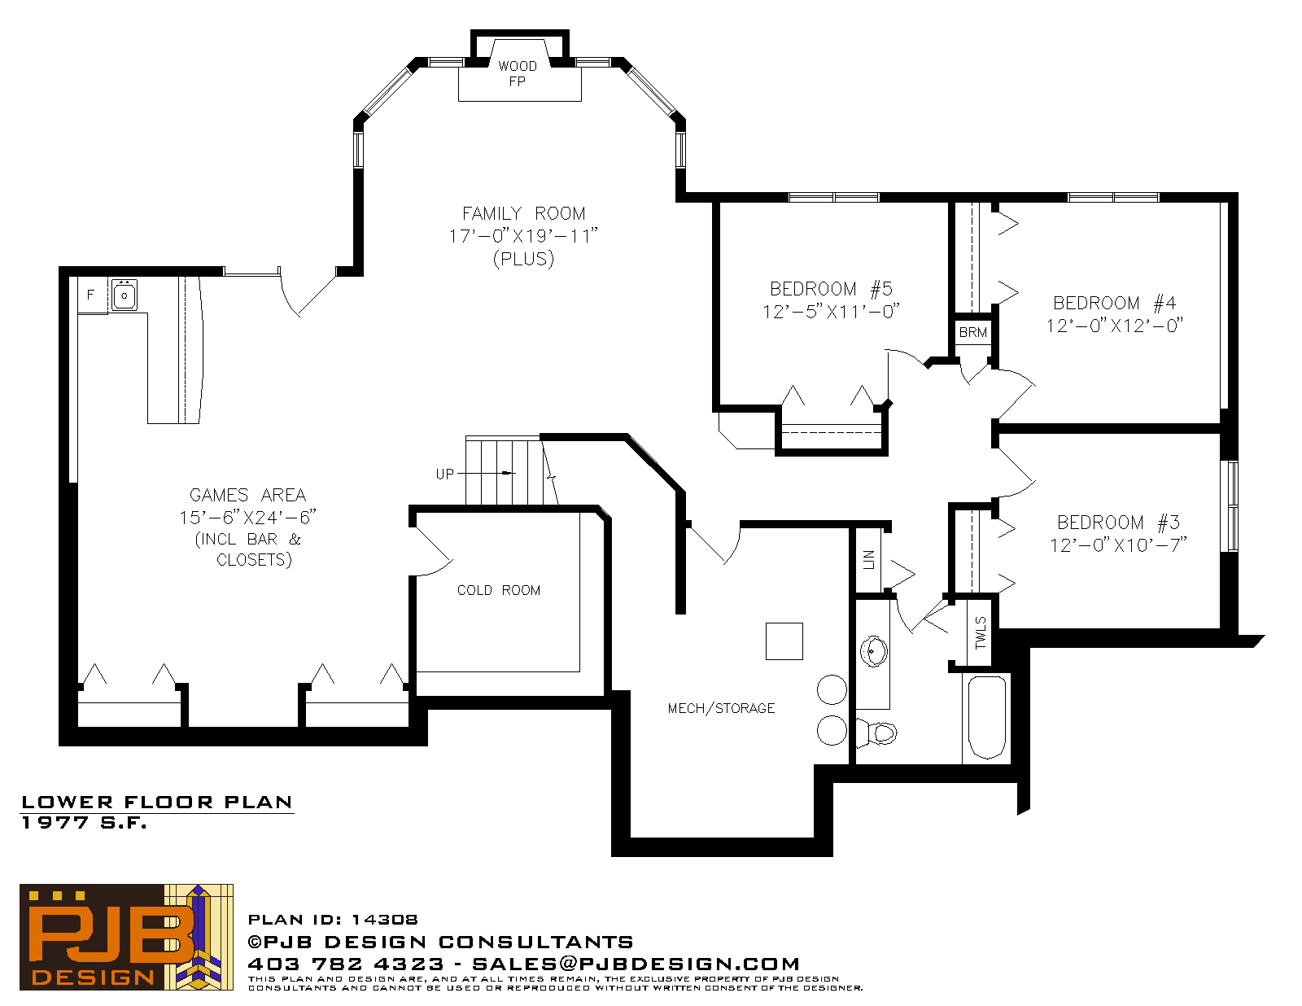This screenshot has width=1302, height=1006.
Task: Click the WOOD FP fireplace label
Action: click(x=517, y=74)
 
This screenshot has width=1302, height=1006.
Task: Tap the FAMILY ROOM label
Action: click(x=524, y=213)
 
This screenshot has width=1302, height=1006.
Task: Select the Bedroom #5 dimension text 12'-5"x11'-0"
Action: click(x=831, y=312)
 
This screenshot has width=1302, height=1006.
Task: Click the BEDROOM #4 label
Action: click(x=1115, y=303)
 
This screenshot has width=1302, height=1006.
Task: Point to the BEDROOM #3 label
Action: click(x=1118, y=523)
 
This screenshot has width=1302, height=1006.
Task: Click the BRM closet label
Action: click(x=972, y=333)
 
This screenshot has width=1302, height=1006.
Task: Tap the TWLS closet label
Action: click(x=981, y=632)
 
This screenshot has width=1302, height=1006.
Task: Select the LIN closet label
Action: click(x=868, y=560)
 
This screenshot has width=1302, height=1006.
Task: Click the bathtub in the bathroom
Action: click(x=987, y=718)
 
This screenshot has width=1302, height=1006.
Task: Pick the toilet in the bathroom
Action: click(x=877, y=733)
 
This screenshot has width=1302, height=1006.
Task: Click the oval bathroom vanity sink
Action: click(x=874, y=650)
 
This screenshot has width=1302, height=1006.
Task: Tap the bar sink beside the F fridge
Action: click(x=125, y=295)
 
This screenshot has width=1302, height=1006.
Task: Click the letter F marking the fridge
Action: click(x=90, y=295)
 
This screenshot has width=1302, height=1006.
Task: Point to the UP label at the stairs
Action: click(x=444, y=474)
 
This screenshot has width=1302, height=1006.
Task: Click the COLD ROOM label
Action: click(x=499, y=590)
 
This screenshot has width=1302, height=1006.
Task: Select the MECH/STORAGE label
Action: click(x=722, y=708)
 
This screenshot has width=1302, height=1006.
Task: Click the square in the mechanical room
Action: click(x=784, y=641)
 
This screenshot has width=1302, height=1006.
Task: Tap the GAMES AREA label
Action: click(x=247, y=495)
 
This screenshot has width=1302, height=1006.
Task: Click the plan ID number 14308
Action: click(x=384, y=920)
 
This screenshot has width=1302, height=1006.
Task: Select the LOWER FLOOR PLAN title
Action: click(x=157, y=803)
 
